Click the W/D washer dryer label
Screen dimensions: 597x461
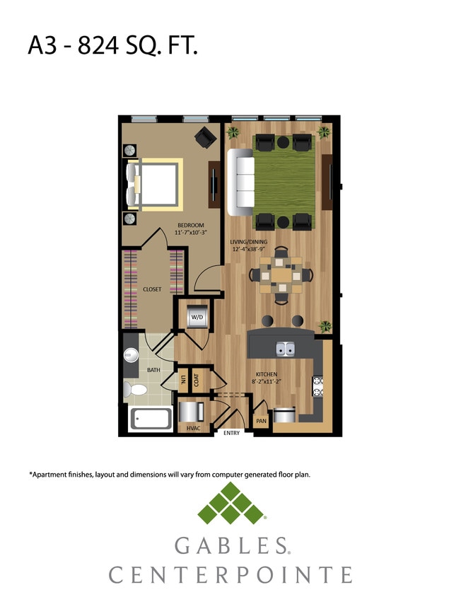click(x=196, y=318)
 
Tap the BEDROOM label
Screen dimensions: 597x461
click(x=190, y=226)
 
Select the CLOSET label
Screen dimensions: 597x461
click(x=152, y=289)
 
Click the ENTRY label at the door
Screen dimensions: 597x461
click(x=231, y=432)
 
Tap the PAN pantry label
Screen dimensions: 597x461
click(x=261, y=420)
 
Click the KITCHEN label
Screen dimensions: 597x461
click(x=267, y=374)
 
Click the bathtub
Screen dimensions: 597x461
click(x=151, y=419)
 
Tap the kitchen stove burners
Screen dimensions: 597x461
click(x=317, y=386)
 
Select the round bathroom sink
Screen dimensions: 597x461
click(x=130, y=356)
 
